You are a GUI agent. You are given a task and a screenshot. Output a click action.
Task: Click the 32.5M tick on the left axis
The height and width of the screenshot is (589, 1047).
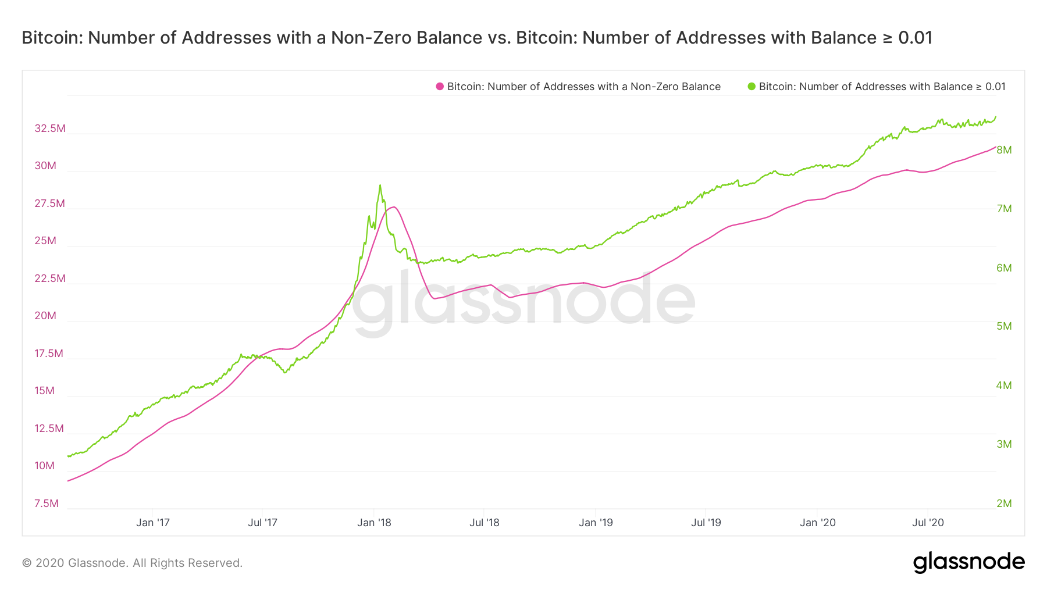[x=50, y=128]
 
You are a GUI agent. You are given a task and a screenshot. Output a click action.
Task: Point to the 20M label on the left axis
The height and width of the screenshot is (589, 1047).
[x=45, y=316]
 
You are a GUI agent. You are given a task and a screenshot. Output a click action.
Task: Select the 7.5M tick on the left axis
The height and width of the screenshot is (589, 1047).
[x=47, y=504]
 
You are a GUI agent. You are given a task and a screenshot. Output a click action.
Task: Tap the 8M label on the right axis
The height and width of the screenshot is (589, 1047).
[x=1004, y=150]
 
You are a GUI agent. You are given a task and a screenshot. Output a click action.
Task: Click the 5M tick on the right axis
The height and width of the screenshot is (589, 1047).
[x=1004, y=326]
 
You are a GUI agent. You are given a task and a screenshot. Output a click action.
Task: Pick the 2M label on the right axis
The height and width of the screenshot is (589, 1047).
[x=1004, y=504]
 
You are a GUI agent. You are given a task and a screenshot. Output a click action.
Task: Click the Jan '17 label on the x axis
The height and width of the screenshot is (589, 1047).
[x=153, y=523]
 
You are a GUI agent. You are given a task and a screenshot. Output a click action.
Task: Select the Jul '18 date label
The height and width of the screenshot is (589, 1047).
[x=485, y=523]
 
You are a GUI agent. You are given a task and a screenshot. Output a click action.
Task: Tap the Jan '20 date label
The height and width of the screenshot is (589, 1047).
[x=817, y=523]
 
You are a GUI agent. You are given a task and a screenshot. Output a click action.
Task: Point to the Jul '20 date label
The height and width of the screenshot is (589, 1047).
[x=928, y=523]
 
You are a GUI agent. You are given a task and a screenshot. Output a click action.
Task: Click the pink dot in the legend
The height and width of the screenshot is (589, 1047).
[x=440, y=87]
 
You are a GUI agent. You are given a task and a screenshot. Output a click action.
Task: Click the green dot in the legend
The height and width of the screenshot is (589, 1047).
[x=752, y=87]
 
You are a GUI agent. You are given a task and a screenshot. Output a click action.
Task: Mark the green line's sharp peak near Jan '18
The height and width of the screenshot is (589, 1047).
[x=380, y=185]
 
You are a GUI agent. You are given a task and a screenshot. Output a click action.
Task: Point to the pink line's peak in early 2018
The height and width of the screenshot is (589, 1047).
[x=394, y=207]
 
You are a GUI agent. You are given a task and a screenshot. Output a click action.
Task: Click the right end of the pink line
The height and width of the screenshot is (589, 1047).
[x=996, y=147]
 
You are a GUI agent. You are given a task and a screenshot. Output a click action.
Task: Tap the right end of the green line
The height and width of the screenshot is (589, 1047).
[x=996, y=117]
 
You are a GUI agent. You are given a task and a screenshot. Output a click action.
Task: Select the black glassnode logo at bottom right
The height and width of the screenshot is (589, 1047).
[x=968, y=562]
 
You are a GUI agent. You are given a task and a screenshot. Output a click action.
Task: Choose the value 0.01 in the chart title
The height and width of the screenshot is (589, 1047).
[x=915, y=38]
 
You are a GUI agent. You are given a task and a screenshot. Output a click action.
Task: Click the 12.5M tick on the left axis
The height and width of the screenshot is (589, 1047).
[x=49, y=429]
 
